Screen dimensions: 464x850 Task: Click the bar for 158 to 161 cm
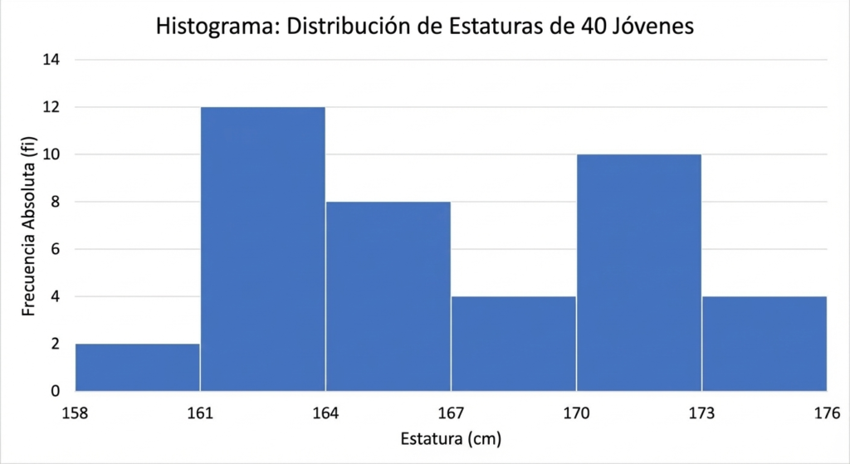(x=137, y=367)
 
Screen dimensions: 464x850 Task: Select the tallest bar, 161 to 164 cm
(x=262, y=249)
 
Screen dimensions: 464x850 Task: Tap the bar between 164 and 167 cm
(x=388, y=296)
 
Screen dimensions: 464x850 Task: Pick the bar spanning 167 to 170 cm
(x=513, y=344)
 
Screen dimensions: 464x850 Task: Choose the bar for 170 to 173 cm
(x=638, y=272)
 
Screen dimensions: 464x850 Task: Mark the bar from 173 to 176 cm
(x=764, y=344)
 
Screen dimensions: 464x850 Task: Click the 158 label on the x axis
(x=75, y=412)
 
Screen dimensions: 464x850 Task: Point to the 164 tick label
(x=325, y=412)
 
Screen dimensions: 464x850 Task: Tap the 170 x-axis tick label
(x=576, y=412)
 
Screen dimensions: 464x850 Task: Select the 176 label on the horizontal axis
(x=827, y=412)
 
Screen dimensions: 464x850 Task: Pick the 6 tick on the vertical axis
(x=55, y=249)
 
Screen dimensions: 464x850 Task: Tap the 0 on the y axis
(x=55, y=391)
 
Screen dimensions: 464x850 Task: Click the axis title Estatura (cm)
(x=451, y=437)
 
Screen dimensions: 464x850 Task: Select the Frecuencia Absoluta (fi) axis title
(x=29, y=226)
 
